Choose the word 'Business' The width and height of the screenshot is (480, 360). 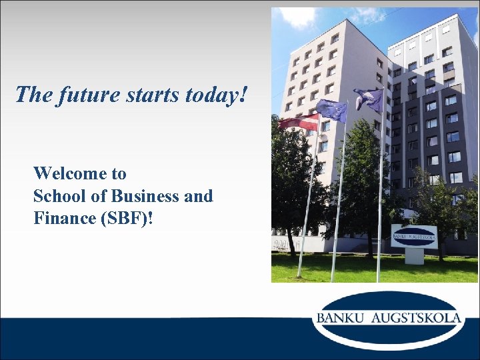[x=142, y=196]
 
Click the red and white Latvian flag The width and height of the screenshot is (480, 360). [x=299, y=122]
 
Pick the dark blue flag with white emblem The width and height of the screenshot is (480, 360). [x=369, y=99]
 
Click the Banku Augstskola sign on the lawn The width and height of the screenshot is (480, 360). [x=414, y=236]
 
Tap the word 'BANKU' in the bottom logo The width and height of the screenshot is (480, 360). [x=340, y=317]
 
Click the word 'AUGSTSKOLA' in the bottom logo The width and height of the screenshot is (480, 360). [x=415, y=317]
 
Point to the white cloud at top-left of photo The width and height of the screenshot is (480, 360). [x=297, y=17]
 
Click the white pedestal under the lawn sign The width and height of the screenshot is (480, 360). [x=414, y=256]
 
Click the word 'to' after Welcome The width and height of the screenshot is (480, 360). [x=119, y=174]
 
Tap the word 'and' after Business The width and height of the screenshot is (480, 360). [x=199, y=196]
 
